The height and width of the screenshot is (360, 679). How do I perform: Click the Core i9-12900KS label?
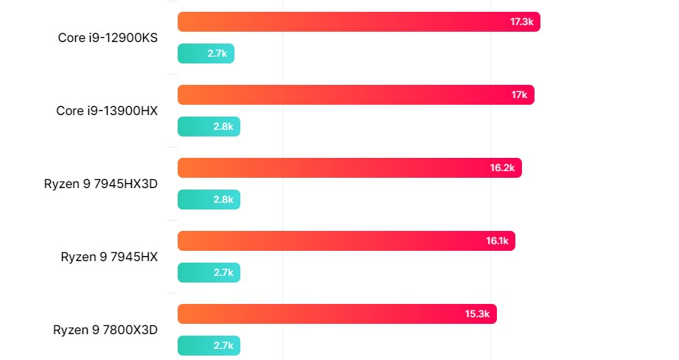click(108, 38)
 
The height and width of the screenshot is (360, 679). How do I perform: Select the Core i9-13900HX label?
click(107, 111)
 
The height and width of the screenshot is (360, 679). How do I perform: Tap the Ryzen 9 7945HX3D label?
click(101, 184)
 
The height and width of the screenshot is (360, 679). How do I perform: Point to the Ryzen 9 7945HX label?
click(109, 257)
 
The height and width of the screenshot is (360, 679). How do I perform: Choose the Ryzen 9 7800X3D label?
click(105, 330)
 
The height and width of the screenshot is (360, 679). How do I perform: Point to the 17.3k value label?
click(521, 22)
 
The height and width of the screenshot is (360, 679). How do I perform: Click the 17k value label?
click(519, 95)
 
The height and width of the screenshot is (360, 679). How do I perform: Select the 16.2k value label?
click(502, 168)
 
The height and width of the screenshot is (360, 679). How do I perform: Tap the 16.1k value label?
click(497, 241)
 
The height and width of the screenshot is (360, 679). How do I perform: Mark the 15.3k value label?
click(477, 314)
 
